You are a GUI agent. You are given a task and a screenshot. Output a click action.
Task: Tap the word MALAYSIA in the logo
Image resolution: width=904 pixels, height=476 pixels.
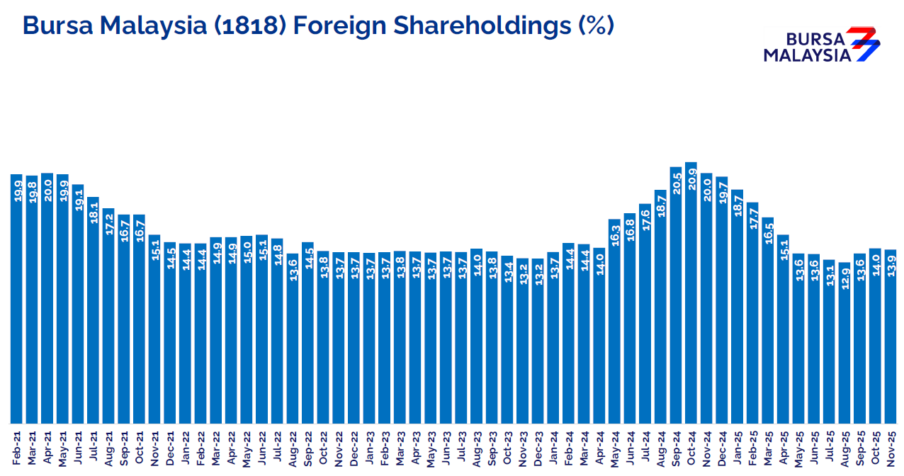point(807,55)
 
